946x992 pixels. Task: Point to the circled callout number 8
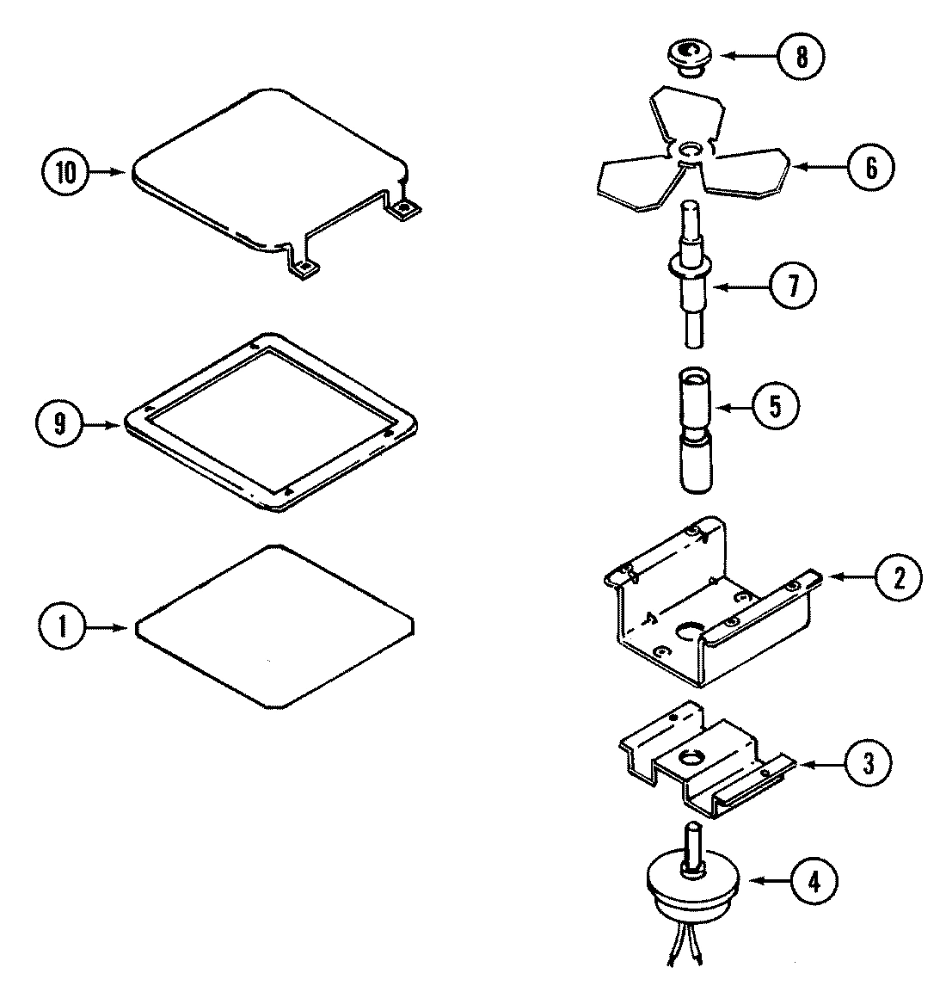pyautogui.click(x=800, y=57)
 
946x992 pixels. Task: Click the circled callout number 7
pyautogui.click(x=791, y=286)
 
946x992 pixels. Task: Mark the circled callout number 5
pyautogui.click(x=774, y=406)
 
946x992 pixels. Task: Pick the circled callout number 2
pyautogui.click(x=898, y=578)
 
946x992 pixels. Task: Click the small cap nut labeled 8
pyautogui.click(x=685, y=59)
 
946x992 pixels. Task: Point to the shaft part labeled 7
pyautogui.click(x=691, y=275)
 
